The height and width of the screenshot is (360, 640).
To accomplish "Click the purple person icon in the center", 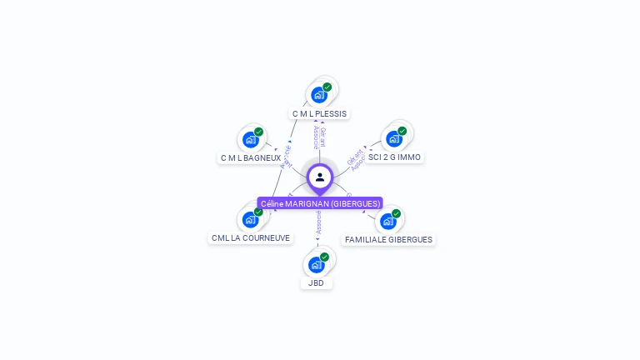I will (320, 177).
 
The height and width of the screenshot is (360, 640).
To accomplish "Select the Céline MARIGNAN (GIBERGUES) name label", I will (320, 203).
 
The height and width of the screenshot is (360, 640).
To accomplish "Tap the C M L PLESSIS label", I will (320, 113).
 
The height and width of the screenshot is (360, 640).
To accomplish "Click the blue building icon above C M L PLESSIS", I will (318, 95).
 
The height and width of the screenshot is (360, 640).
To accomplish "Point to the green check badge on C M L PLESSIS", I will (327, 87).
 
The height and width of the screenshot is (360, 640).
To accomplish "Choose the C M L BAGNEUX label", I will (251, 157).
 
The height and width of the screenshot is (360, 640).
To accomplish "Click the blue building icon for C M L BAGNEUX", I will (250, 140).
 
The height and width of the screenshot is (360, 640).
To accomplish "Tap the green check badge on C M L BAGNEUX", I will (259, 132).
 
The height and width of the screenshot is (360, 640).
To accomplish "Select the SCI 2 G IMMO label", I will (395, 157).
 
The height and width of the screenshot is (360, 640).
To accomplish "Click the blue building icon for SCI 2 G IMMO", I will (393, 139).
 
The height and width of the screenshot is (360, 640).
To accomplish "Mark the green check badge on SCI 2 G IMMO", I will (402, 131).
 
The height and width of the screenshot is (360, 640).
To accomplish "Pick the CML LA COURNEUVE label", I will (251, 237).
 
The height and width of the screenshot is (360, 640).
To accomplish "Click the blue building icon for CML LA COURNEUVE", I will (250, 220).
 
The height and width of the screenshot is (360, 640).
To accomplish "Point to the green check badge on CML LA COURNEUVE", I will (259, 212).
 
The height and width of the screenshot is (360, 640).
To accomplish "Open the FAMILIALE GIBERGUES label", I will (388, 239).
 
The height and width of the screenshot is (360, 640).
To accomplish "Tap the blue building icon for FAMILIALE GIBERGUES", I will (387, 222).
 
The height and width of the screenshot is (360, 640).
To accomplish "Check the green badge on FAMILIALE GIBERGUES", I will (397, 213).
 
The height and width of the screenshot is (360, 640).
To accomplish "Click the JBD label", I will (316, 283).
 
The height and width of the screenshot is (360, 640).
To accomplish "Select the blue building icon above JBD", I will (316, 265).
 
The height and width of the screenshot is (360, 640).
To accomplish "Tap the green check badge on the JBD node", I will (325, 257).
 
